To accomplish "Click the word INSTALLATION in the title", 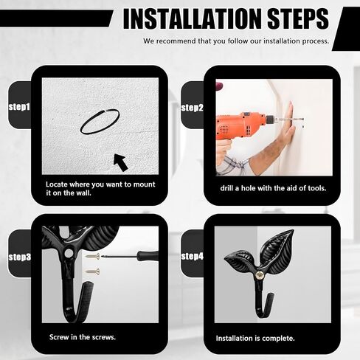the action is (x=193, y=19).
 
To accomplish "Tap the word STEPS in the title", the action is (x=298, y=19).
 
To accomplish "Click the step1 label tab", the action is (x=20, y=106).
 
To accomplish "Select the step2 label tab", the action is (x=193, y=107).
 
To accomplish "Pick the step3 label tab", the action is (x=20, y=257).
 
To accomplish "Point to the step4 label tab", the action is (x=193, y=256).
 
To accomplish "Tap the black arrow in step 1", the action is (x=121, y=162).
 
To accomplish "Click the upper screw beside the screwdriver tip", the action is (x=93, y=257).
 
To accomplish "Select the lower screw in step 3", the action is (x=93, y=271).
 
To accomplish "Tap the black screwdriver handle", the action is (x=148, y=256).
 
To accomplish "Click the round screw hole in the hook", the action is (x=69, y=252).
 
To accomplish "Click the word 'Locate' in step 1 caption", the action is (x=56, y=184).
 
